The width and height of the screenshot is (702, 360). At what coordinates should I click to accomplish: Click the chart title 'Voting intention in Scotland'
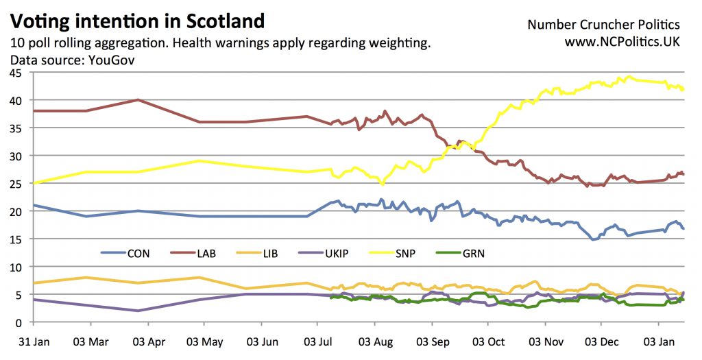[137, 21]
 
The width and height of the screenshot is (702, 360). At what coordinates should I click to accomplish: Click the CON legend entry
[138, 254]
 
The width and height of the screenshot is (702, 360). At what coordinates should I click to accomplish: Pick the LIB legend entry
[271, 254]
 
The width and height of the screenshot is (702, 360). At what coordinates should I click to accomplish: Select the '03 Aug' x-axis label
[373, 341]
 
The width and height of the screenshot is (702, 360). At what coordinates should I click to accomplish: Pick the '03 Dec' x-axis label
[601, 341]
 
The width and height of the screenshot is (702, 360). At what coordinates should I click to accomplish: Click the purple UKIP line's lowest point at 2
[138, 311]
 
